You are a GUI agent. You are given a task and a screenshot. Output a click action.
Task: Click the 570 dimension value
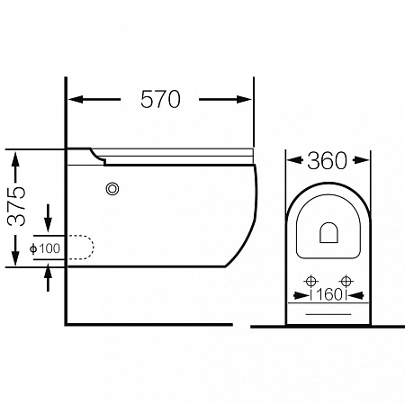160,99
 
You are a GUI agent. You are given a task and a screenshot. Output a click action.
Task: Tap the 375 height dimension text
17,206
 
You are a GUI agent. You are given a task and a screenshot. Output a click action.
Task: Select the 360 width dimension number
328,161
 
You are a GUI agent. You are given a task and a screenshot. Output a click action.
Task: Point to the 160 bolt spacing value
329,295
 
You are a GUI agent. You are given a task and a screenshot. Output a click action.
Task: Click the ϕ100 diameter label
45,248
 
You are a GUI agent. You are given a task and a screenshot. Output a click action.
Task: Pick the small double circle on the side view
112,189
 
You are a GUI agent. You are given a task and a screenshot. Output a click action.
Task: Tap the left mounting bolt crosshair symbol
311,282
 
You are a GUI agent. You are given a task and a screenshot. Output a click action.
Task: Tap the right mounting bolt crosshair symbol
346,282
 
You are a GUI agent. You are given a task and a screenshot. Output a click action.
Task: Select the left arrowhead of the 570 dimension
76,99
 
